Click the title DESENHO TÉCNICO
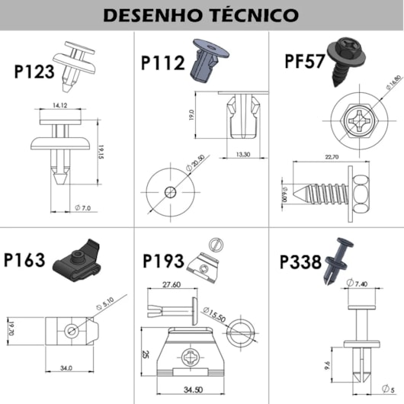tap(201, 14)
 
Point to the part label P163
tap(25, 261)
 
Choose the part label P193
tap(163, 261)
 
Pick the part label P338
tap(301, 261)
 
